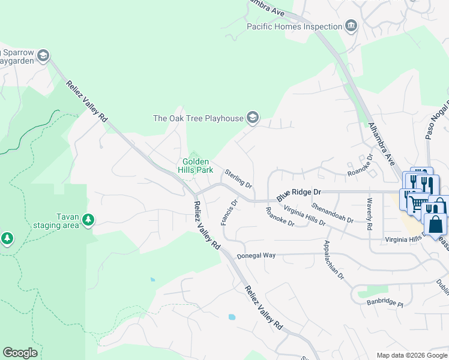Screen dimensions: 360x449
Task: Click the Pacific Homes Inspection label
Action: click(294, 26)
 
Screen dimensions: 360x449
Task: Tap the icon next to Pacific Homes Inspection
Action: click(351, 26)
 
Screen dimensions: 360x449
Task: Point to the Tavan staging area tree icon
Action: click(88, 220)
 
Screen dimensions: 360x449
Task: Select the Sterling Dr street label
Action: click(238, 178)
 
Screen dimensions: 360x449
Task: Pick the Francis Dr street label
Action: click(229, 212)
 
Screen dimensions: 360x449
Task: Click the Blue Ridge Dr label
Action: click(300, 194)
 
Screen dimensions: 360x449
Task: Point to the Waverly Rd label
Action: click(369, 214)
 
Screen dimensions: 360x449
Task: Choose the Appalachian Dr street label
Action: click(333, 260)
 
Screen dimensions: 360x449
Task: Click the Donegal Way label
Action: click(256, 256)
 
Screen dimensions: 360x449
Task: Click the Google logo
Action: click(20, 353)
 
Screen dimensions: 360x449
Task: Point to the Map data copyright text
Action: click(411, 355)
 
